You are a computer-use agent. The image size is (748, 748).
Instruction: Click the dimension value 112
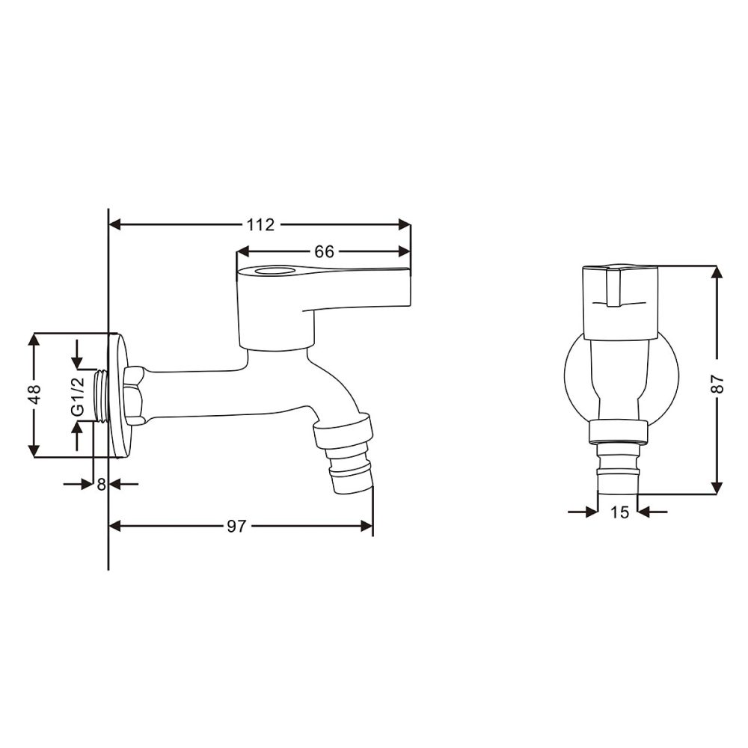pos(260,224)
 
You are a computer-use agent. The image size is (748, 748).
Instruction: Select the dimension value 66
pos(324,252)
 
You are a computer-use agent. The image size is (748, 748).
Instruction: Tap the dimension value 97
pos(236,526)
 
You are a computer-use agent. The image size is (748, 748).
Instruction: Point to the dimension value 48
pos(34,395)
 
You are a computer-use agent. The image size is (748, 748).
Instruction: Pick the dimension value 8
pos(102,484)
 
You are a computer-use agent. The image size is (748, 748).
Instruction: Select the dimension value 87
pos(717,383)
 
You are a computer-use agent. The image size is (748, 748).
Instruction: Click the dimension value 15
pos(619,512)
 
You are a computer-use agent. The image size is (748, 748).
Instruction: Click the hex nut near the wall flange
pos(135,395)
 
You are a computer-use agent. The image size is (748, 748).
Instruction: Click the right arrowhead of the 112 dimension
pos(405,224)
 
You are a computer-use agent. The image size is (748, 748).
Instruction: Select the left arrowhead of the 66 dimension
pos(243,252)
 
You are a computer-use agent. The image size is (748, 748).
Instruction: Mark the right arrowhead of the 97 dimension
pos(367,526)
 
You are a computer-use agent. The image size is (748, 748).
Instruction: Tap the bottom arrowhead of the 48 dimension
pos(34,451)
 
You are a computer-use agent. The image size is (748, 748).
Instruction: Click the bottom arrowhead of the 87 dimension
pos(717,488)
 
